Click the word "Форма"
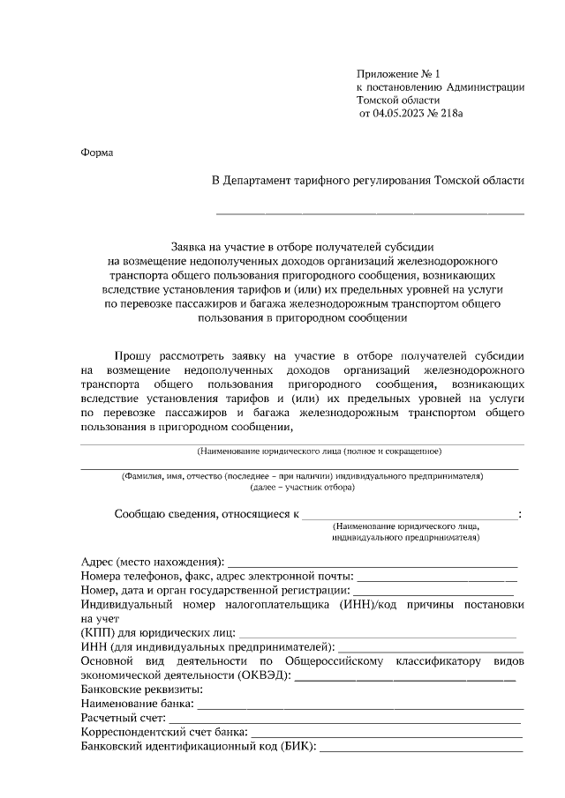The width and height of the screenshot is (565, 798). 97,153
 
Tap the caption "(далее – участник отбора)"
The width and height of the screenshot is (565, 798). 302,487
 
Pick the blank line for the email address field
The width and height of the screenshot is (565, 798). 437,577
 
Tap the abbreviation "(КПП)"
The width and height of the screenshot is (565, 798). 98,633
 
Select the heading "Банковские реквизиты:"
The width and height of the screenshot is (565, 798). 140,690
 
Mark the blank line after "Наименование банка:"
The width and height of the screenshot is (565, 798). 360,705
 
